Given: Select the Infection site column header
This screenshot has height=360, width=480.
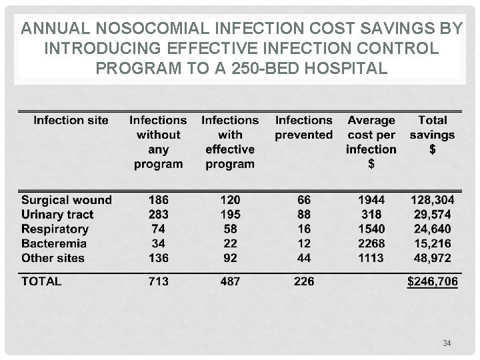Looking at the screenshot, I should click(71, 121).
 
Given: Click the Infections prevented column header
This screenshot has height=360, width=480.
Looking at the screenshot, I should click(303, 127).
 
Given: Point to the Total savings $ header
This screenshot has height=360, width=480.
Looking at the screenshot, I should click(432, 135).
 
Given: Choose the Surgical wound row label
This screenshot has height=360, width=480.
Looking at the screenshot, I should click(67, 200).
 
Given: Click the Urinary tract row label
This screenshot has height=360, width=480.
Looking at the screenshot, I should click(57, 215).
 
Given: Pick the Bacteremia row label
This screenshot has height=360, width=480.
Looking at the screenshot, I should click(53, 243).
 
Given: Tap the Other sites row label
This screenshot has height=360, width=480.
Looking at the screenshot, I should click(53, 258).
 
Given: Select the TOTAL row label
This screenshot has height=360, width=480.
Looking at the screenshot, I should click(41, 281).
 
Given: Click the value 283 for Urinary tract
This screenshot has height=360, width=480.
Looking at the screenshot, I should click(159, 215).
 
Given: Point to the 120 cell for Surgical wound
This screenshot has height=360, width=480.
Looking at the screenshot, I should click(230, 200).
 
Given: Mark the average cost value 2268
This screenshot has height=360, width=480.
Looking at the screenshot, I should click(371, 243).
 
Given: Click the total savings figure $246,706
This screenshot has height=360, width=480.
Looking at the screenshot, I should click(433, 282).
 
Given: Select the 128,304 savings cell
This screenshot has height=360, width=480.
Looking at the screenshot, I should click(432, 200).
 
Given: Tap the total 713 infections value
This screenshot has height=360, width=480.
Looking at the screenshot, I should click(159, 281).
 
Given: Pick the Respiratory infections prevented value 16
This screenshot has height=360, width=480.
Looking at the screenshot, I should click(303, 229).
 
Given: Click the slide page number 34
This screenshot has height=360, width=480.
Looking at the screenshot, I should click(447, 343).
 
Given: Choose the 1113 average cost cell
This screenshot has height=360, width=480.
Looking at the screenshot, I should click(371, 258).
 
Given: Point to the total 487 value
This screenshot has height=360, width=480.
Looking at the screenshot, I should click(230, 281).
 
